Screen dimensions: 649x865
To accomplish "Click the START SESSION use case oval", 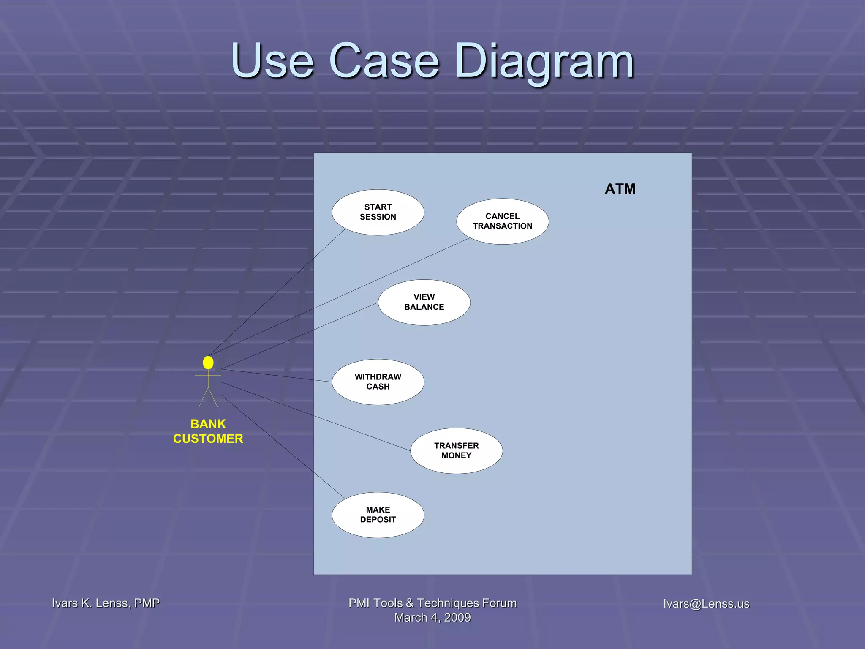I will [378, 212].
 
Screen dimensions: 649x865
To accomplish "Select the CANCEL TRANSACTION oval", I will [502, 221].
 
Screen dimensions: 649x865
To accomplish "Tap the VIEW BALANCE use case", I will [424, 302].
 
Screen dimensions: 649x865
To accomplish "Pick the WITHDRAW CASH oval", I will [378, 382].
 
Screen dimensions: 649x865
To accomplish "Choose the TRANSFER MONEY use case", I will [456, 450].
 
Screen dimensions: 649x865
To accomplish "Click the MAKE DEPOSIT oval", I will [378, 515].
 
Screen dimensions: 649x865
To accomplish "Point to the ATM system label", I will [620, 189].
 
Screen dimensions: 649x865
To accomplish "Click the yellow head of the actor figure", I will [208, 363].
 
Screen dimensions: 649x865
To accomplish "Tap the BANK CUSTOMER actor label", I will [208, 431].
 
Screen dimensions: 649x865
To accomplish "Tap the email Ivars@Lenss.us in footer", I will [706, 604].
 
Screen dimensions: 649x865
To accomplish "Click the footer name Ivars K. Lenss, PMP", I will [106, 603].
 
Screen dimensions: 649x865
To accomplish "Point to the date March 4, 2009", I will [432, 618].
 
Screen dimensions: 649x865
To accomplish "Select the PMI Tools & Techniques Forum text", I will [432, 603].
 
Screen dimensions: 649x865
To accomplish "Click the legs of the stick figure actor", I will [208, 398].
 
